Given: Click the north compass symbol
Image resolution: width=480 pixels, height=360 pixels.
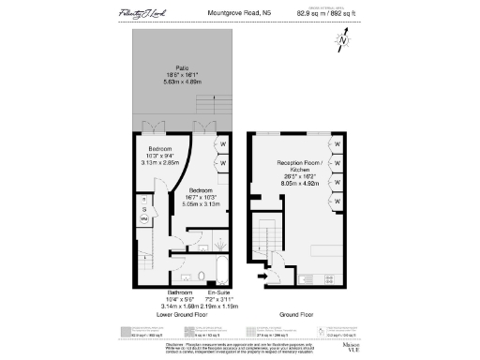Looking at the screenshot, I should pos(344,39).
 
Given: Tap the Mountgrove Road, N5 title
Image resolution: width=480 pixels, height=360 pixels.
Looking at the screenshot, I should pos(239,13).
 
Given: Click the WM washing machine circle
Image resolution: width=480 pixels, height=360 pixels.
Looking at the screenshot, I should pos(144,218).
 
